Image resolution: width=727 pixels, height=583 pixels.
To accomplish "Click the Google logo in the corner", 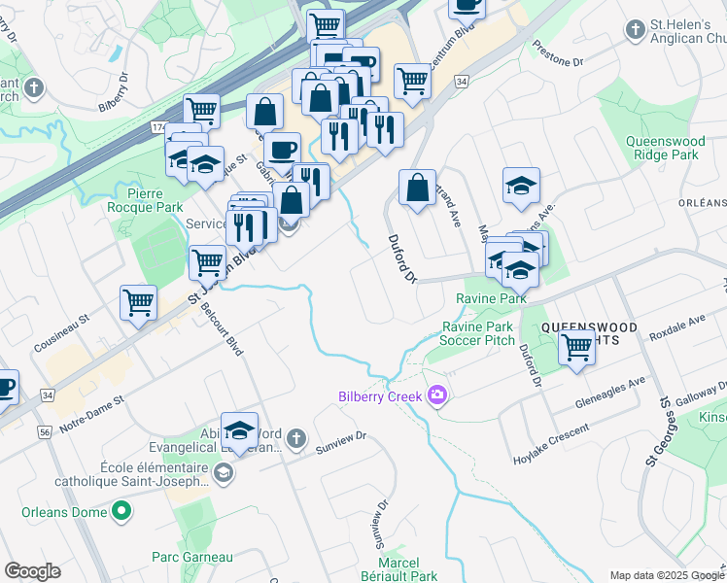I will pos(32,571).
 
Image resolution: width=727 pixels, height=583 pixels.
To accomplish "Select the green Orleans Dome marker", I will pos(121,510).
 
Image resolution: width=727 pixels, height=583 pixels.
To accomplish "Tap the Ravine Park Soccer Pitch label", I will pos(476,333).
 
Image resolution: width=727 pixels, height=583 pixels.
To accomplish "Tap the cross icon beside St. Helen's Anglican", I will pos(636,31).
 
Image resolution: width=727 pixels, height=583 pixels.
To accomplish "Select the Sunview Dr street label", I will pos(340,443).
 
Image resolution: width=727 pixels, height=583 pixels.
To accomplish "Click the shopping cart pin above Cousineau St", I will pos(138,302).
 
